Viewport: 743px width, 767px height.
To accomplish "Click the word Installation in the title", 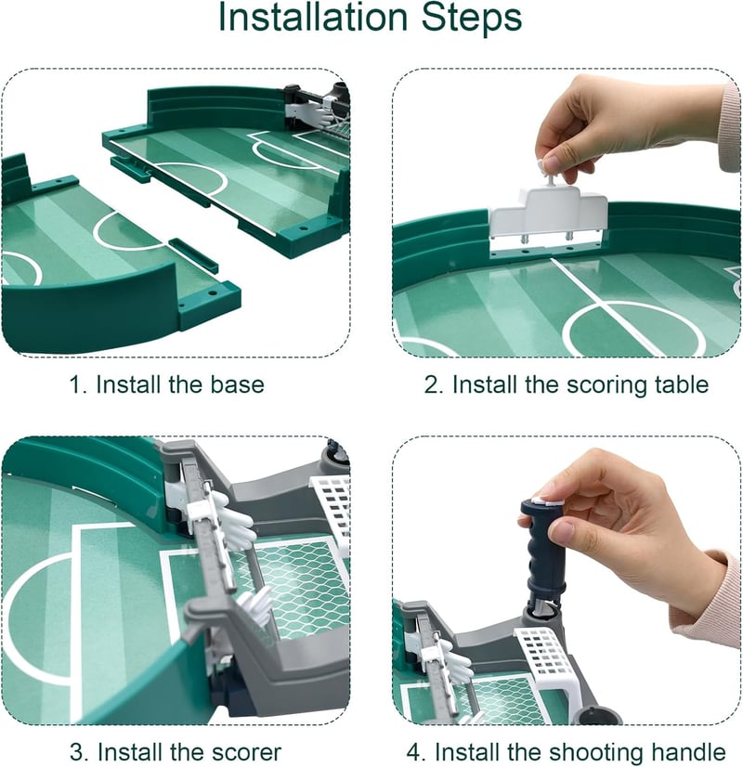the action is click(313, 17).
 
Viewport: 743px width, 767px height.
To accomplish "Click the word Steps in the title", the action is click(472, 19).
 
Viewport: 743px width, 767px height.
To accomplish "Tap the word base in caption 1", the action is click(237, 384).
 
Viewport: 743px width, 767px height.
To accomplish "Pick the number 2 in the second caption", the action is click(434, 385).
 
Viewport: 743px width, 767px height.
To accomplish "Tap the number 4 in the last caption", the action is click(416, 752).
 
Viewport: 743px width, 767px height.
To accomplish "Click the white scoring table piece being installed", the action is click(548, 212).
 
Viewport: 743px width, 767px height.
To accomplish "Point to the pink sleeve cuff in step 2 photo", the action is click(730, 127).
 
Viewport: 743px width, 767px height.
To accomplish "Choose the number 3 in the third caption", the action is click(77, 752).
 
